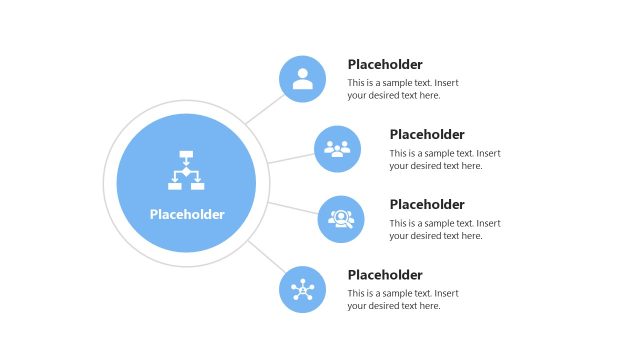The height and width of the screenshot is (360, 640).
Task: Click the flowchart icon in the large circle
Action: [186, 171]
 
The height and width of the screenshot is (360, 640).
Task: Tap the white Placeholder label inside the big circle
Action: [187, 214]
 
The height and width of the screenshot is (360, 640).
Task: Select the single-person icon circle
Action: [303, 79]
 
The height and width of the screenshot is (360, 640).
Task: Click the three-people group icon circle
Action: [338, 149]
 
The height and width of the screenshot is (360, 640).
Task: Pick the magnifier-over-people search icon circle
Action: [341, 219]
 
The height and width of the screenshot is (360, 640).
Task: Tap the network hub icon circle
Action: [303, 290]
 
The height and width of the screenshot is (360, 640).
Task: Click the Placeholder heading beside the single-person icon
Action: [385, 64]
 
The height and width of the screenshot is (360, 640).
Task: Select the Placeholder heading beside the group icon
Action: [427, 134]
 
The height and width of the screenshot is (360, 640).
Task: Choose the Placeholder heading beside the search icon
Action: [427, 204]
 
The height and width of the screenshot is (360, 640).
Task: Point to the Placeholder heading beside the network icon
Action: [385, 275]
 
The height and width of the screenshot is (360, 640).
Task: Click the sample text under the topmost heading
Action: [403, 89]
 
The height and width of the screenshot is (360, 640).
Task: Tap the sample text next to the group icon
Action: [445, 159]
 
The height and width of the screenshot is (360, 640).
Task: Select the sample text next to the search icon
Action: [445, 229]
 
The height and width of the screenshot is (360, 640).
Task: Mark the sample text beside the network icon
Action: [403, 299]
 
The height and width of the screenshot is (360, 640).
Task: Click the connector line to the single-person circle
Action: [263, 109]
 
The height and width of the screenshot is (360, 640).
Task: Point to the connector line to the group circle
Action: [290, 158]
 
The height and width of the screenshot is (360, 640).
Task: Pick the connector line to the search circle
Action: [293, 208]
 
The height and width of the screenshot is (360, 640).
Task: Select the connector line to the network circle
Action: [264, 256]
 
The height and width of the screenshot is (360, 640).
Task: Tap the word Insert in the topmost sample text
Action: [446, 83]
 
